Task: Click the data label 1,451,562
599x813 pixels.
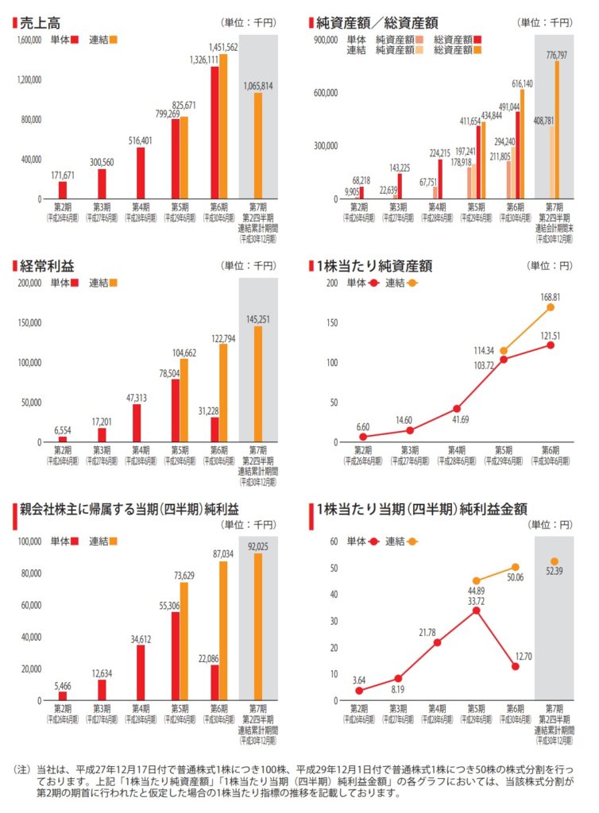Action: pyautogui.click(x=224, y=47)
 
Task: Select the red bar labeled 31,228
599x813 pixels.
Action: pyautogui.click(x=214, y=430)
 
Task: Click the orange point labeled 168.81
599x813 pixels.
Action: pyautogui.click(x=550, y=307)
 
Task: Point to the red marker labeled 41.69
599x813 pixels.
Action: pyautogui.click(x=457, y=409)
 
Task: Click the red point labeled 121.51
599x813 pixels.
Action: pyautogui.click(x=550, y=345)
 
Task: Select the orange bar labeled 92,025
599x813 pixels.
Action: pyautogui.click(x=258, y=626)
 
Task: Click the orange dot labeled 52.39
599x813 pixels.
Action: pyautogui.click(x=555, y=561)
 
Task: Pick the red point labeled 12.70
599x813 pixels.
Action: pyautogui.click(x=515, y=667)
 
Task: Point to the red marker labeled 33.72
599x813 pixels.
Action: pyautogui.click(x=476, y=611)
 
